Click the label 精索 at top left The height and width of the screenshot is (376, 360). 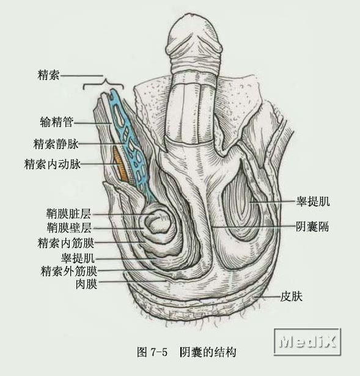[48, 75]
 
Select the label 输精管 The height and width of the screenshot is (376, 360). [57, 122]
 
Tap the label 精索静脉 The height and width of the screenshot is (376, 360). [56, 144]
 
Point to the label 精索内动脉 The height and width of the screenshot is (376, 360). [52, 164]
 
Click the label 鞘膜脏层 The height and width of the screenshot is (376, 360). [68, 213]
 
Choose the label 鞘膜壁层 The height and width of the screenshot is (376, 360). [69, 227]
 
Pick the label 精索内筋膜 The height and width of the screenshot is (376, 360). [65, 243]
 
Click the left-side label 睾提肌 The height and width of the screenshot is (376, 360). [78, 258]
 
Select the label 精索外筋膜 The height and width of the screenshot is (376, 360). [69, 271]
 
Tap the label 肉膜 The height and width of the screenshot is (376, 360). [86, 284]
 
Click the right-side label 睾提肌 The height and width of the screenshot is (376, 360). [313, 201]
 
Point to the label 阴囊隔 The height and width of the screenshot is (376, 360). [312, 226]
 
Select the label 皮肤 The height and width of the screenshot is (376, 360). [291, 297]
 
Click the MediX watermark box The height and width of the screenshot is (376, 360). [307, 342]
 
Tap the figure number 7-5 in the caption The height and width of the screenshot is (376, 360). [159, 352]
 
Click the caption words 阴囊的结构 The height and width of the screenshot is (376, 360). [208, 352]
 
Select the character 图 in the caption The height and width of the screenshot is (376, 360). [142, 352]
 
